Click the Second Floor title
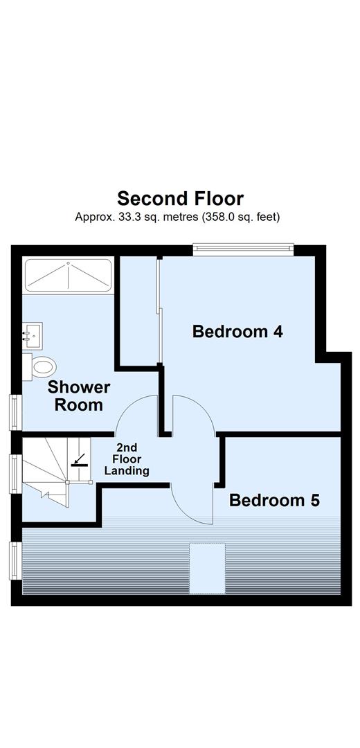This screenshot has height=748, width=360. [180, 199]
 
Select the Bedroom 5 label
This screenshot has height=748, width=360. [274, 500]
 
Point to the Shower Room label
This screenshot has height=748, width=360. [79, 395]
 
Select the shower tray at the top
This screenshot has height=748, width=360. [68, 276]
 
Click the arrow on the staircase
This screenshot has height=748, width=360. [80, 460]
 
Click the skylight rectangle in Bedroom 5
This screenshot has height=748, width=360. [208, 569]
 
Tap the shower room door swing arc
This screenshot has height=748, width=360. [136, 416]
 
